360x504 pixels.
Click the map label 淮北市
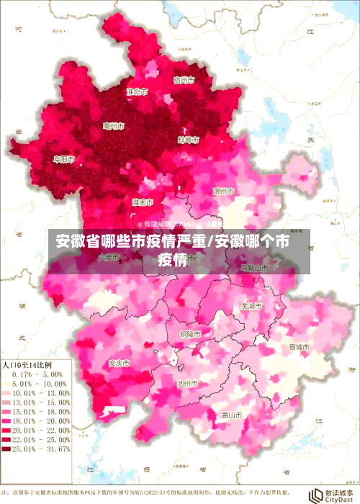click(137, 92)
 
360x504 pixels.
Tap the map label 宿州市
click(185, 80)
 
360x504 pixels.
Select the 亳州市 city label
click(113, 127)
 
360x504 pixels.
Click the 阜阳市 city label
click(64, 159)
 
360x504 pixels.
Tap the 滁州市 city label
click(225, 192)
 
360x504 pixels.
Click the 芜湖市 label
click(251, 306)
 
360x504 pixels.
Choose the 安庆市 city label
click(119, 362)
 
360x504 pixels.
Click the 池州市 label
click(188, 384)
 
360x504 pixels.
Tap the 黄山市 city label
click(232, 415)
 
